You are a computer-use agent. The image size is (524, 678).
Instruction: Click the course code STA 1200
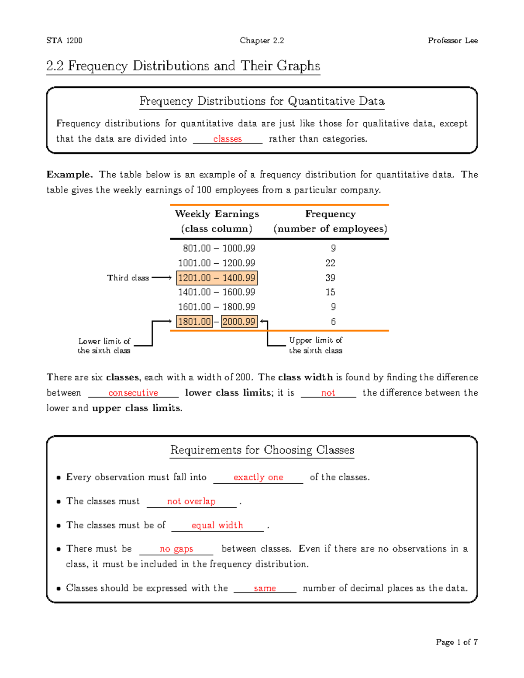[x=64, y=41]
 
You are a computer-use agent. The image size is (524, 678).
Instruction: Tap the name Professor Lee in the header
[x=452, y=41]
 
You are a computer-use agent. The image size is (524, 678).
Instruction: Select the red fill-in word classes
[x=227, y=139]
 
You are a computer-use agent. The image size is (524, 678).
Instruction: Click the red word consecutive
[x=133, y=393]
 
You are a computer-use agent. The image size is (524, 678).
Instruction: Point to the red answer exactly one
[x=258, y=477]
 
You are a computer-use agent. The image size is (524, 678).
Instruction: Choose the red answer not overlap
[x=191, y=501]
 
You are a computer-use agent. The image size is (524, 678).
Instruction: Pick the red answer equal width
[x=217, y=525]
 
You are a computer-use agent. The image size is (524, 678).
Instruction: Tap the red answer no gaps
[x=176, y=549]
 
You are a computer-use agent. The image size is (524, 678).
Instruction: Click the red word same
[x=265, y=588]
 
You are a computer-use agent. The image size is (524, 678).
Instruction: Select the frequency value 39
[x=330, y=278]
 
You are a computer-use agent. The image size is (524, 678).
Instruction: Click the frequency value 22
[x=330, y=263]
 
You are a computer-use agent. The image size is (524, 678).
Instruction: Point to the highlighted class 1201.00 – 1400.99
[x=217, y=278]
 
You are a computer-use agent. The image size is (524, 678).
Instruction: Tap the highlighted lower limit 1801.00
[x=194, y=322]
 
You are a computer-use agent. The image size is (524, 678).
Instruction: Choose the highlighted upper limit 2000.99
[x=239, y=322]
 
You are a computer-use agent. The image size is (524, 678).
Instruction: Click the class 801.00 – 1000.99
[x=219, y=248]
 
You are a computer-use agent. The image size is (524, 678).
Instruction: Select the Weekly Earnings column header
[x=217, y=214]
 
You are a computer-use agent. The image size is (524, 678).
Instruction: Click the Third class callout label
[x=128, y=278]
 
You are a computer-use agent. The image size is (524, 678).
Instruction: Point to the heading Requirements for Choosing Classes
[x=262, y=450]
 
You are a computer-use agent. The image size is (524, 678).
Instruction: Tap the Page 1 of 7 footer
[x=456, y=642]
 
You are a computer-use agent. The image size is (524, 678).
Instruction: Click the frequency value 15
[x=330, y=292]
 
